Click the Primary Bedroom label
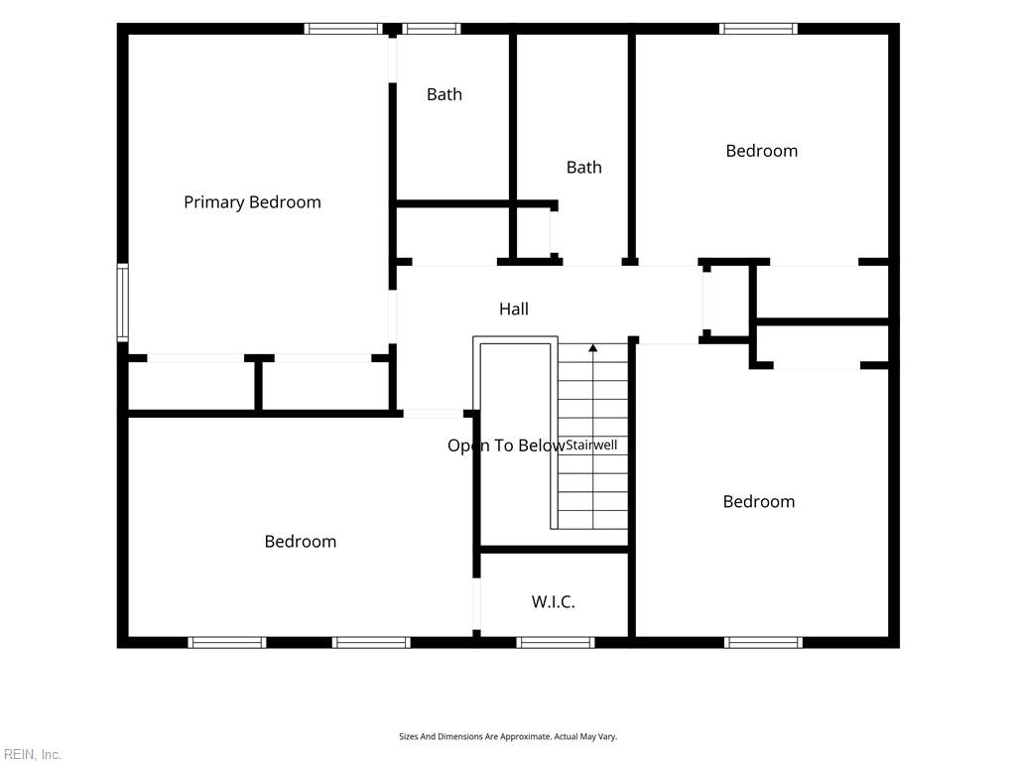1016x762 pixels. (x=252, y=202)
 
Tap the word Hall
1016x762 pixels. (x=514, y=310)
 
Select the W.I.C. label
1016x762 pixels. (x=554, y=602)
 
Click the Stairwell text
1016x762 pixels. (x=591, y=445)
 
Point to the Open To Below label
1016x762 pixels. (x=506, y=445)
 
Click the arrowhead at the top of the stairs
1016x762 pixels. (x=593, y=348)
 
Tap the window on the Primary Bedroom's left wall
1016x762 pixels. (x=122, y=302)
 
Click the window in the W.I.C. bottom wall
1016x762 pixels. (x=556, y=642)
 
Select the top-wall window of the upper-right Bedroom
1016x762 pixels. (x=758, y=29)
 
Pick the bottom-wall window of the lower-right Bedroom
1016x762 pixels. (x=763, y=642)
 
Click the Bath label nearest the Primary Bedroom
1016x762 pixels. (x=444, y=94)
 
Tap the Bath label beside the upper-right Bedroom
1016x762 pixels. (x=583, y=168)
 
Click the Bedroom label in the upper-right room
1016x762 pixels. (x=761, y=151)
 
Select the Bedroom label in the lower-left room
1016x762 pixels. (x=301, y=542)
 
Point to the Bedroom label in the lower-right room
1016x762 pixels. (x=759, y=501)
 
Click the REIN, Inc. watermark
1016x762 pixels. (x=32, y=754)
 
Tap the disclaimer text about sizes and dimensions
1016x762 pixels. (x=508, y=737)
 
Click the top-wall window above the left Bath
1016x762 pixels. (x=431, y=29)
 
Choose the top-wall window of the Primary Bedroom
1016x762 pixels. (x=343, y=29)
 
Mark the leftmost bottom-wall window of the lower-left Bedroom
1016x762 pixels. (x=227, y=642)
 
